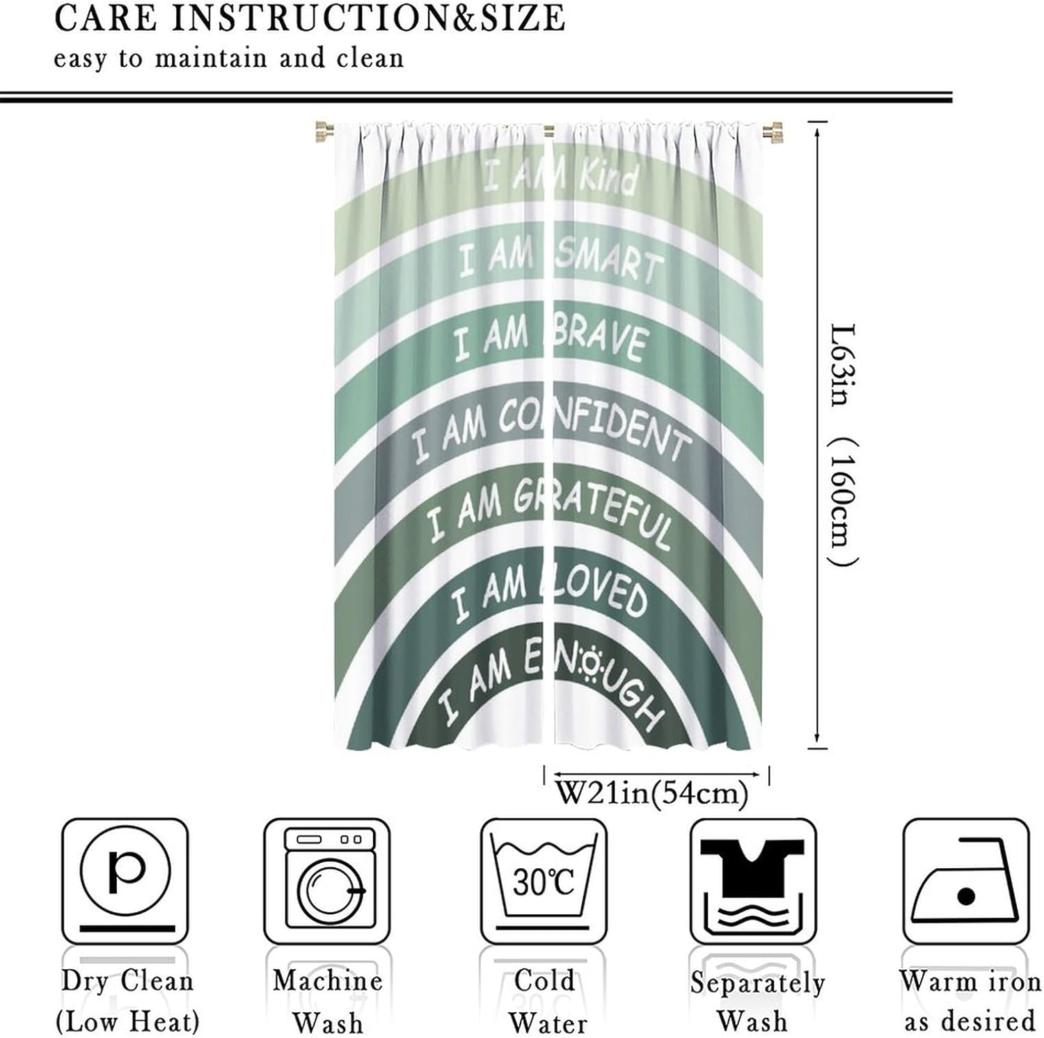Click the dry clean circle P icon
click(x=125, y=879)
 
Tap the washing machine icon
click(x=327, y=881)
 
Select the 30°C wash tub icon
click(x=544, y=879)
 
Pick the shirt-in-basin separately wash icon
click(x=752, y=881)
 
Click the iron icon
click(x=965, y=881)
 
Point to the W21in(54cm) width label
click(x=652, y=793)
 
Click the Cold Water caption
click(x=546, y=1002)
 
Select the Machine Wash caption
click(x=327, y=1002)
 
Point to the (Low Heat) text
click(x=127, y=1022)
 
